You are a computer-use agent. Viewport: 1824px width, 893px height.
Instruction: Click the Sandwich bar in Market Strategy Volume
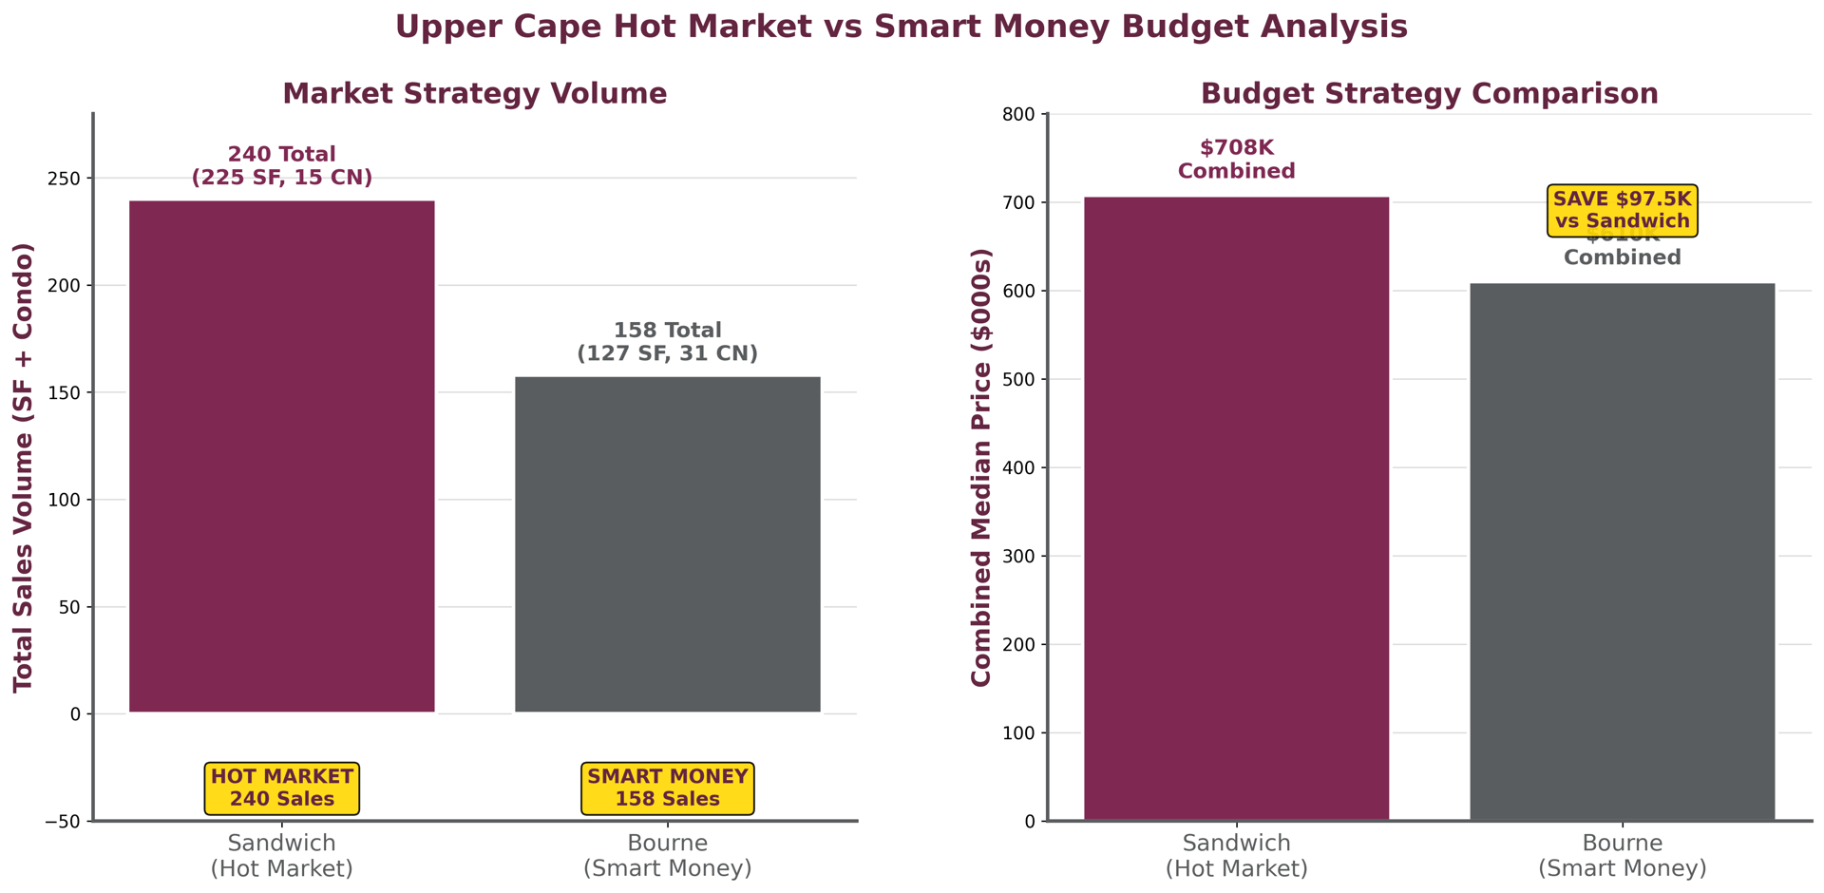pos(281,456)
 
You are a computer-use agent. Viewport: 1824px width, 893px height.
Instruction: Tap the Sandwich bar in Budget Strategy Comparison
pos(1236,508)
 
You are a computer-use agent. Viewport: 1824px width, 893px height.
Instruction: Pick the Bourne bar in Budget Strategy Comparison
pos(1622,551)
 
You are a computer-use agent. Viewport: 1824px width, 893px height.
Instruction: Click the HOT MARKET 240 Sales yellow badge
pos(281,788)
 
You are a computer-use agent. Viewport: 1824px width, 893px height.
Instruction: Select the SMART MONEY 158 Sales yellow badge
pos(667,788)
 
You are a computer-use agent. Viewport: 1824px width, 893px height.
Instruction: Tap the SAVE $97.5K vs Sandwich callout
pos(1622,210)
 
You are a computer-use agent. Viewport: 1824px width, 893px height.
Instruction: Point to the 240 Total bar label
pos(281,166)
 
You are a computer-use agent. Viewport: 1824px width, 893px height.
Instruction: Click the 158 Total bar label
pos(667,342)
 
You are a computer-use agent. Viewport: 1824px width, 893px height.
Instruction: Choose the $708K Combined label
pos(1236,160)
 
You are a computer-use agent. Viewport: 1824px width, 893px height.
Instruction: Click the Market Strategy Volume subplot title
pos(474,94)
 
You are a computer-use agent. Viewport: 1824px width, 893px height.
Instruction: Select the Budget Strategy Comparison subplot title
pos(1429,94)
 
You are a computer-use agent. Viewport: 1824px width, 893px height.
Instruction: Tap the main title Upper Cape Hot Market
pos(901,27)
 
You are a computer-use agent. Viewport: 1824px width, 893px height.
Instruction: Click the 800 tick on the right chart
pos(1019,115)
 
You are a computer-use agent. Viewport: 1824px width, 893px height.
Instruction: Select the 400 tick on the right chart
pos(1019,468)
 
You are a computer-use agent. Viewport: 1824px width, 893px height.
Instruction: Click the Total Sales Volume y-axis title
pos(24,467)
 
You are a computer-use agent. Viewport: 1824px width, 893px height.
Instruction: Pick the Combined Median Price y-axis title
pos(980,467)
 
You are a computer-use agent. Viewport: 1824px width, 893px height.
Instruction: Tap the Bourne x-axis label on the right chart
pos(1622,855)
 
